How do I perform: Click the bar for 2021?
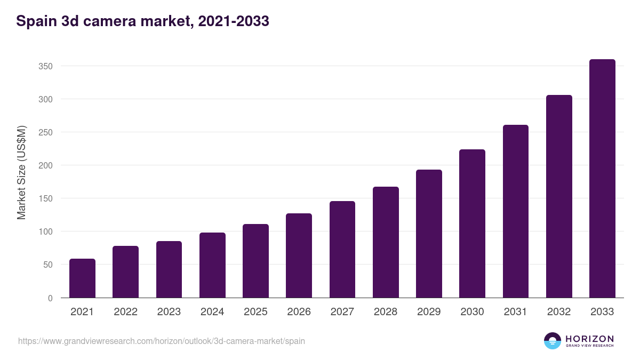(x=82, y=278)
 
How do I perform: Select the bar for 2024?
(x=212, y=265)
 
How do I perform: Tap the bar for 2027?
(x=342, y=250)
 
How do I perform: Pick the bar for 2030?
(x=472, y=223)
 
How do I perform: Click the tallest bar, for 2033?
(x=602, y=179)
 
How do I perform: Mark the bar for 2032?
(x=559, y=196)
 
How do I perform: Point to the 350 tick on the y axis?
(x=45, y=66)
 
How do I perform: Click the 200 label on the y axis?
(x=45, y=165)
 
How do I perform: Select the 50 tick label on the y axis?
(x=47, y=265)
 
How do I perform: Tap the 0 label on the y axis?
(x=50, y=298)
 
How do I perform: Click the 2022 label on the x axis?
(x=125, y=312)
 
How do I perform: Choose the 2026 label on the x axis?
(x=299, y=312)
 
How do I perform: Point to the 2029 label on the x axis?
(x=429, y=312)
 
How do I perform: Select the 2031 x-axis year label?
(x=515, y=312)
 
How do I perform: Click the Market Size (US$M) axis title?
(x=21, y=172)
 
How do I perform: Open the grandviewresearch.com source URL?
(x=162, y=341)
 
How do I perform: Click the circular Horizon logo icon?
(x=553, y=341)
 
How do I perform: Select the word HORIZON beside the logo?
(x=589, y=339)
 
